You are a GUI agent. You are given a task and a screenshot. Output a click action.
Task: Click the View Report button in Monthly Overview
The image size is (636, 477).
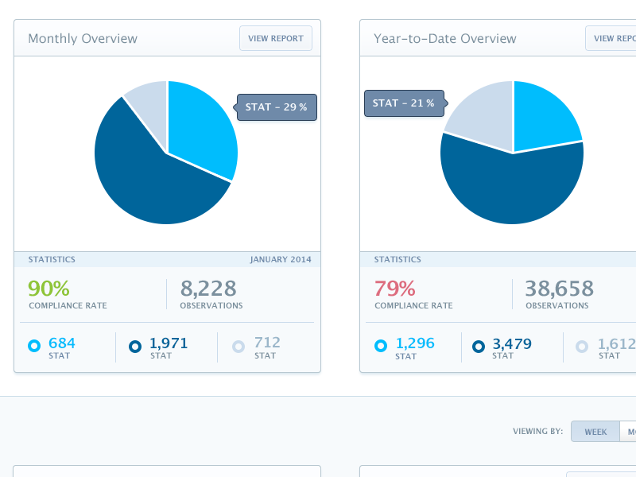tap(276, 38)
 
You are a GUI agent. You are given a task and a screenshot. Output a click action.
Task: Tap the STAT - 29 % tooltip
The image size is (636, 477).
tap(277, 107)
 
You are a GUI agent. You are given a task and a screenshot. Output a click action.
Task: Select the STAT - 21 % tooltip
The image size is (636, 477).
tap(404, 103)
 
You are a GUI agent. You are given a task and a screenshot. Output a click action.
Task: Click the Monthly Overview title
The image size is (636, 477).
tap(83, 38)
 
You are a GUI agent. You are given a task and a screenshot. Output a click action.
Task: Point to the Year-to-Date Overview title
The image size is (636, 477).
tap(444, 38)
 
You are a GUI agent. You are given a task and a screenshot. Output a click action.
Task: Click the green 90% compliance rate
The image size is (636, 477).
tap(48, 288)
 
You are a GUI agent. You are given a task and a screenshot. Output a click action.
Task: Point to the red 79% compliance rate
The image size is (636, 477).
tap(394, 288)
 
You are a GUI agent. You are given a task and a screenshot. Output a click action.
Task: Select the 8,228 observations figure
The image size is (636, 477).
tap(209, 288)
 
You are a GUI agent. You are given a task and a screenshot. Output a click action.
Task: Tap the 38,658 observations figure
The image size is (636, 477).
tap(559, 288)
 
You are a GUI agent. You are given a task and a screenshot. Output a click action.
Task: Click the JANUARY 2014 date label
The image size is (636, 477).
tap(281, 259)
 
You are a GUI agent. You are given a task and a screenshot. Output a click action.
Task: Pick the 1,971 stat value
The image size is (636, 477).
tap(169, 343)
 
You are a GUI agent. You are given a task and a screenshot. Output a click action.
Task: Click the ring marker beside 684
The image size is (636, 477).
tap(34, 346)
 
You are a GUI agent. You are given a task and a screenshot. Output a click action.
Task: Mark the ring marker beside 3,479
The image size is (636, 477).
tap(479, 346)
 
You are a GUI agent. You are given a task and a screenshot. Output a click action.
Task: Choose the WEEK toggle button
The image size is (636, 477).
tap(595, 432)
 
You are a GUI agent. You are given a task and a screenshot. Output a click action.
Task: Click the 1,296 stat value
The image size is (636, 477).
tap(415, 343)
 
